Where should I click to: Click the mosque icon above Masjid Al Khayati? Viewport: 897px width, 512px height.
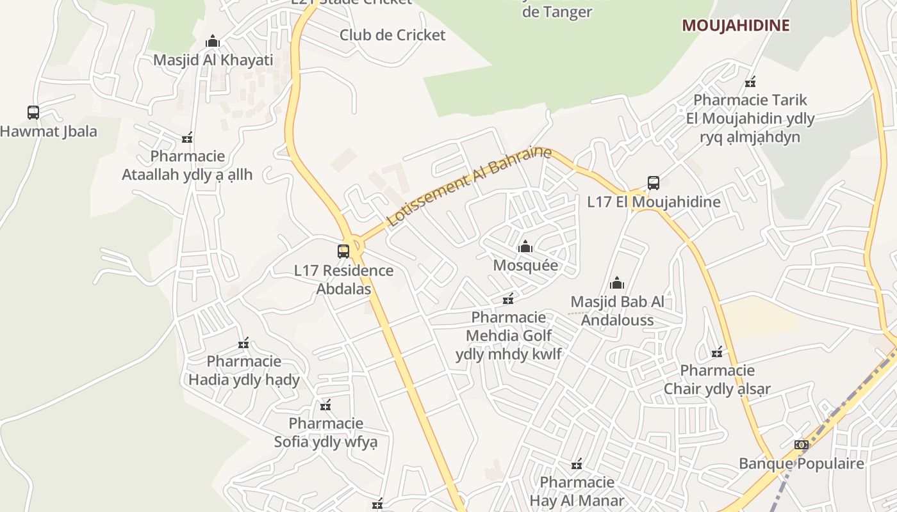pos(213,42)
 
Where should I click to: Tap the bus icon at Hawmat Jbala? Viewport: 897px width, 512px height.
pos(33,113)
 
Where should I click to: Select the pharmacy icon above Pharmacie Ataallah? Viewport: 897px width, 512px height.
pos(187,138)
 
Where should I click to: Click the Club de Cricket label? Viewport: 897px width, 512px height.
pos(392,35)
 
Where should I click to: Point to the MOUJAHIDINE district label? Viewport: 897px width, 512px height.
pos(736,26)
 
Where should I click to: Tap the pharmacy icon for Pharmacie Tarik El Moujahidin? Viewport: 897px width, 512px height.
pos(750,82)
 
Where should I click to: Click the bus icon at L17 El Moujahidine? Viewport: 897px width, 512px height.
pos(654,183)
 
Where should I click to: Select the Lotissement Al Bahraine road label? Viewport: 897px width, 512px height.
pos(470,186)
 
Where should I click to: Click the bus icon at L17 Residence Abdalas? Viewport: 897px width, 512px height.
pos(344,251)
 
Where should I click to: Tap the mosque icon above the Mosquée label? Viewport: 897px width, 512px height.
pos(525,246)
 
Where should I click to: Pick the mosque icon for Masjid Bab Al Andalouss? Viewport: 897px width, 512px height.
pos(617,283)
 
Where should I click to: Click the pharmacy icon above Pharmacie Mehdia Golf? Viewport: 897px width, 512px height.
pos(508,298)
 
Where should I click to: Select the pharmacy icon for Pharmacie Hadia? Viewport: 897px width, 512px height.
pos(243,343)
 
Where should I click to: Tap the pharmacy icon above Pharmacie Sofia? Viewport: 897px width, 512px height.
pos(325,404)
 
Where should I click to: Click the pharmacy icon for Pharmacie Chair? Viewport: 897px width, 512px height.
pos(717,352)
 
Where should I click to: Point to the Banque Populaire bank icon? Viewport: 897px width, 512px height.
pos(801,445)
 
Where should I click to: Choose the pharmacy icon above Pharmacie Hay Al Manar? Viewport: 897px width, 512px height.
pos(577,463)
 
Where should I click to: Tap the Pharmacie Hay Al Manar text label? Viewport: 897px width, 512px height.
pos(577,492)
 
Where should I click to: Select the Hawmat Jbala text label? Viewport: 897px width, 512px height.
pos(49,132)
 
